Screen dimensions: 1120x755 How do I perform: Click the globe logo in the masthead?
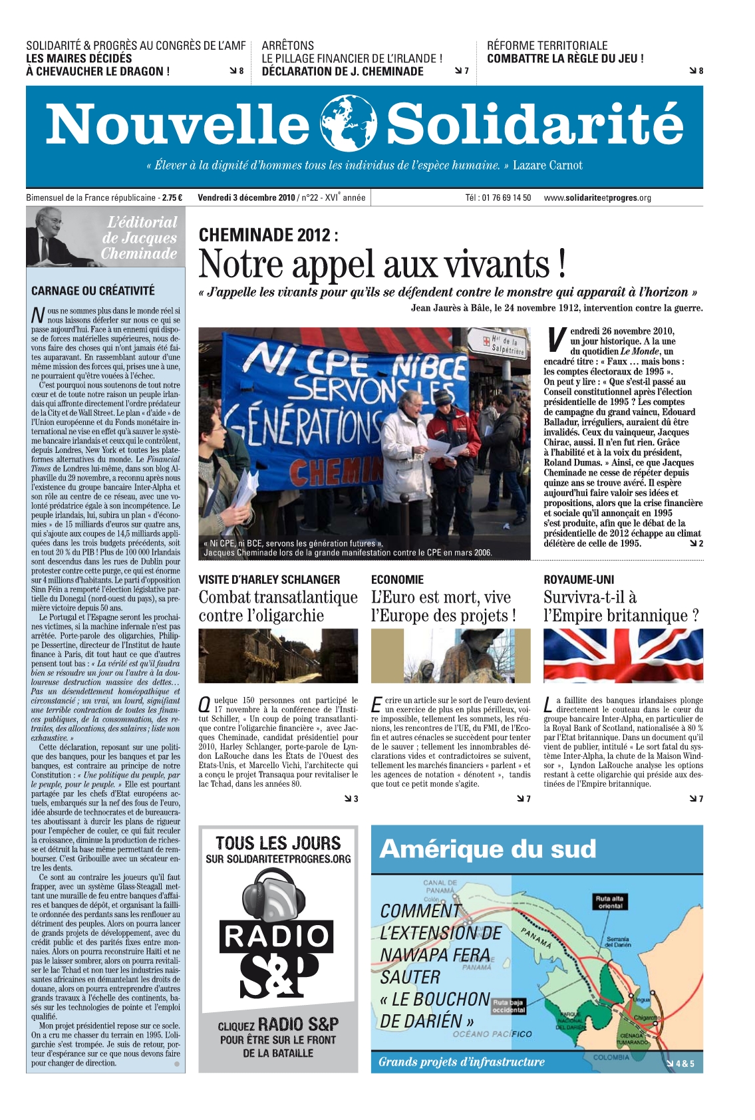348,124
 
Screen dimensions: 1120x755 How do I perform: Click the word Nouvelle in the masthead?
178,124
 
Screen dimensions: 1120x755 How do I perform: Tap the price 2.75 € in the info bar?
172,198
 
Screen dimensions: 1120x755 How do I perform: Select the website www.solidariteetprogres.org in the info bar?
597,198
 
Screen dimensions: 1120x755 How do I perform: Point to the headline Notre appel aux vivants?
382,264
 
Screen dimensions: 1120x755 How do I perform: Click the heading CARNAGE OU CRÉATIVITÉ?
92,291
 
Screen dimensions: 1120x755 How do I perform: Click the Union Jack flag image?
623,656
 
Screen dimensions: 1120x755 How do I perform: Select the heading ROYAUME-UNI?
579,579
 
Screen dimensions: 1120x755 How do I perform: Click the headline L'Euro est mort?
443,606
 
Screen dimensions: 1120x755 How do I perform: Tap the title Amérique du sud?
488,849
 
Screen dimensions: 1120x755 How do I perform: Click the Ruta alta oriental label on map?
610,902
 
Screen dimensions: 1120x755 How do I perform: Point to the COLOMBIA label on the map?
610,1057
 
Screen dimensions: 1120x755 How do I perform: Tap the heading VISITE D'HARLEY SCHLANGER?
269,579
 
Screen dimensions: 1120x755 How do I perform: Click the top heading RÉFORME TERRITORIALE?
547,45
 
